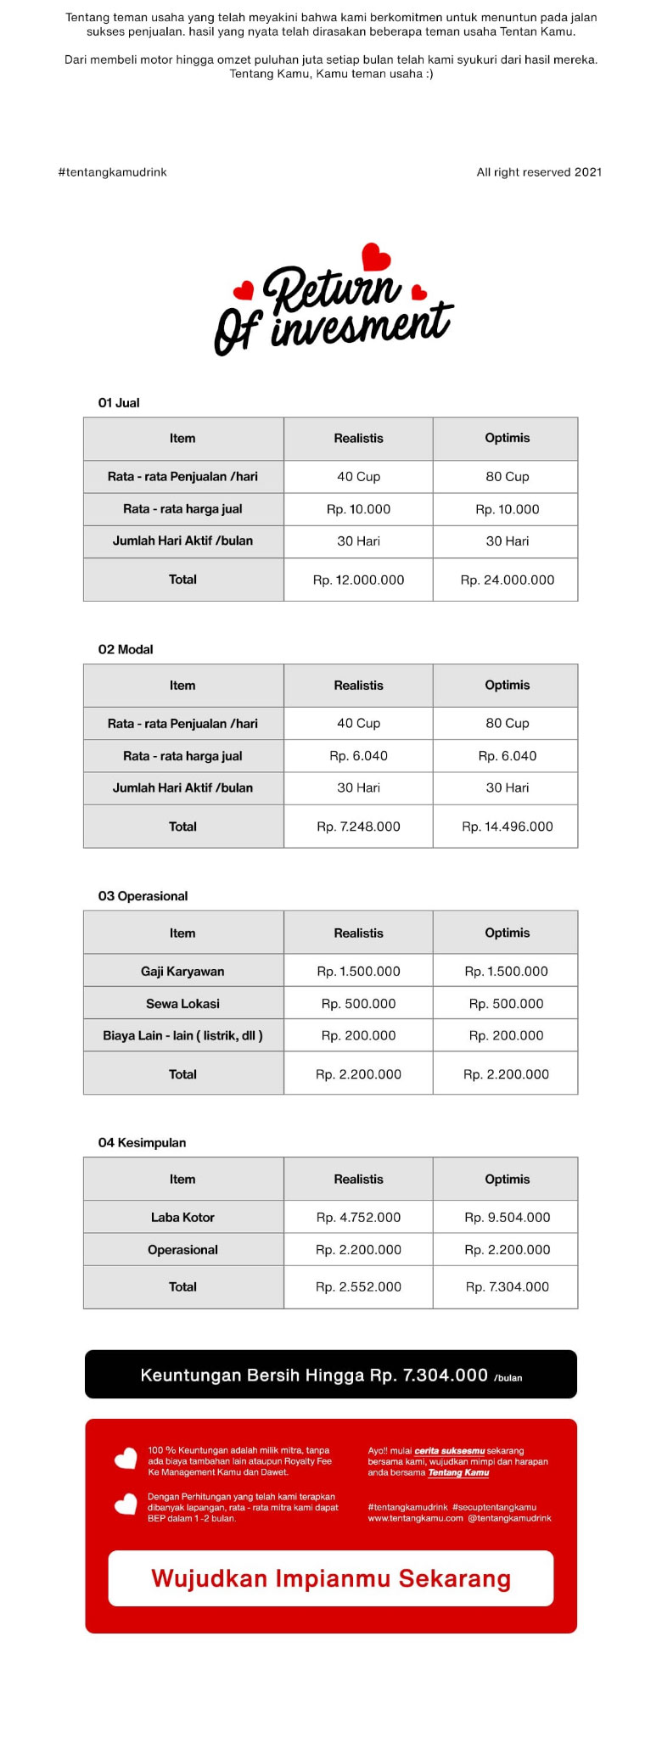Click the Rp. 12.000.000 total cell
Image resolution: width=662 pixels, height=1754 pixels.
tap(358, 580)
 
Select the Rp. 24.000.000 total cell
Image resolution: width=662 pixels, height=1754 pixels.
tap(507, 580)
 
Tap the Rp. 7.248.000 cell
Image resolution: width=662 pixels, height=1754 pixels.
tap(358, 827)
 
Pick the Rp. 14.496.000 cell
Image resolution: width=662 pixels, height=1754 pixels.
tap(507, 827)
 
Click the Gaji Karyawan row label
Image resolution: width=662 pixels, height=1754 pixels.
tap(182, 972)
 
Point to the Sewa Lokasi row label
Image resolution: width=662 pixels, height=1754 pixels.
tap(182, 1004)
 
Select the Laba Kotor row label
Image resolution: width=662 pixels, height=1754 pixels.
tap(182, 1218)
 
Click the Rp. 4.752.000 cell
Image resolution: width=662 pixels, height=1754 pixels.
tap(358, 1218)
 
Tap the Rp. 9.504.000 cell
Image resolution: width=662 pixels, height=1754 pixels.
tap(507, 1218)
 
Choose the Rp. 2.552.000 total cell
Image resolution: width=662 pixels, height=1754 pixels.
tap(358, 1287)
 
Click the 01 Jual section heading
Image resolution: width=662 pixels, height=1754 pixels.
tap(119, 403)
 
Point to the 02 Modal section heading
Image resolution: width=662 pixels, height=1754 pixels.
tap(126, 650)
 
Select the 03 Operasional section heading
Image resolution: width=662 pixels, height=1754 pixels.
tap(143, 897)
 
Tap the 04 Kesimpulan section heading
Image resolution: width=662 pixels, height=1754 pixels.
tap(142, 1143)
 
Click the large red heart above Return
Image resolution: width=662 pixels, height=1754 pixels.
tap(376, 256)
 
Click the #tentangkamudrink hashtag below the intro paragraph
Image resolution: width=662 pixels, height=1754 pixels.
tap(112, 172)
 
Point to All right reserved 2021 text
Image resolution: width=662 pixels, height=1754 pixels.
tap(539, 172)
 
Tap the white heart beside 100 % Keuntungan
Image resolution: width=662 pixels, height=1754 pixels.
tap(126, 1459)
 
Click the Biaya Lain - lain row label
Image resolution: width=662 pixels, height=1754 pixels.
tap(182, 1036)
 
